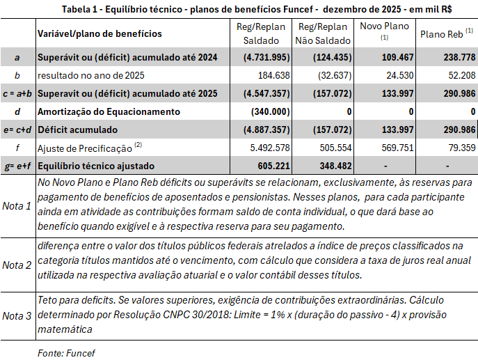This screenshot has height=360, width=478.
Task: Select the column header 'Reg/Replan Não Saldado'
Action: coord(324,33)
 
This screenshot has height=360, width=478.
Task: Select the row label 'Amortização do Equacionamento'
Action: coord(111,111)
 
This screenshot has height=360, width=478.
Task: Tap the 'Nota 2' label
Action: coord(17,265)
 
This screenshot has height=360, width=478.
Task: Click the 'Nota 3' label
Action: coord(17,315)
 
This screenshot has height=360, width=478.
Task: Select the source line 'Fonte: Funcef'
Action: coord(65,352)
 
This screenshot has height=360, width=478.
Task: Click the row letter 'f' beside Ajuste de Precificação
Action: coord(17,148)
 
